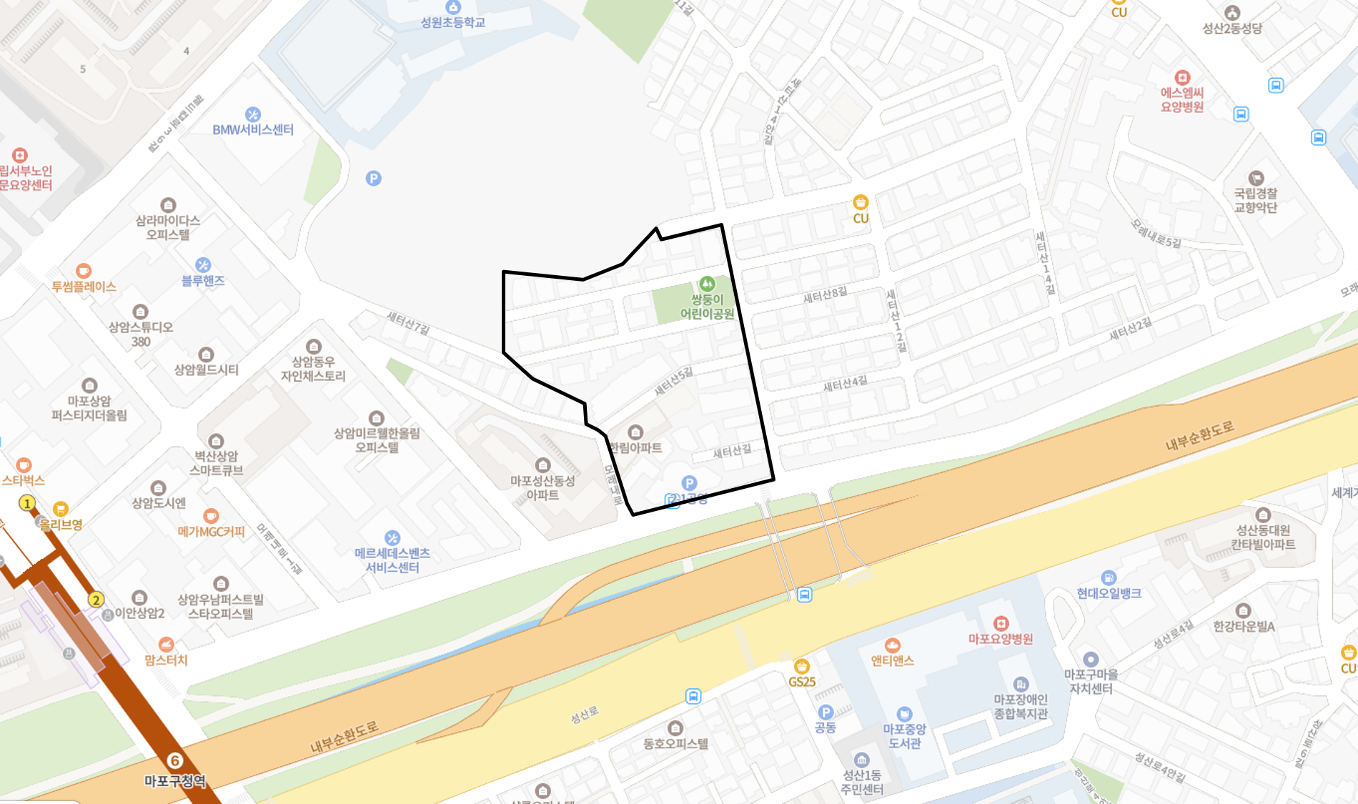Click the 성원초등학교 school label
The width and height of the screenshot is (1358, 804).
tap(452, 22)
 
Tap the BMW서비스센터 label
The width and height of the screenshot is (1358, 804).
tap(253, 129)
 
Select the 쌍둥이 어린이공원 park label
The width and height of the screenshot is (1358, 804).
tap(707, 307)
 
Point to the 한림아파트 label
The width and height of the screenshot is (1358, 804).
tap(636, 447)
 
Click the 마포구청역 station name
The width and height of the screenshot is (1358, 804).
tap(175, 781)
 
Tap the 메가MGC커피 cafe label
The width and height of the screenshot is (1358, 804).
tap(211, 531)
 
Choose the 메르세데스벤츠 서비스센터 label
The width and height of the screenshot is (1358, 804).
tap(392, 560)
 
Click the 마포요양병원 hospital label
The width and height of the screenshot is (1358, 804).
tap(1001, 638)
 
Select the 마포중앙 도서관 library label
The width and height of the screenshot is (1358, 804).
tap(904, 736)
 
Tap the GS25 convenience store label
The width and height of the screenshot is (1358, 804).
tap(802, 682)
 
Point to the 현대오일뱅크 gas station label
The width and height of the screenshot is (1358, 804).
tap(1109, 592)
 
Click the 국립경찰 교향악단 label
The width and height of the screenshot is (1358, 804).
tap(1256, 200)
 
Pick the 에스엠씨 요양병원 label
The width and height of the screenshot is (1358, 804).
tap(1182, 99)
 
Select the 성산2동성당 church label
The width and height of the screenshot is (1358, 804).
tap(1232, 28)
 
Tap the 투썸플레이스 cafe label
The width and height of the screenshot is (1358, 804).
tap(84, 286)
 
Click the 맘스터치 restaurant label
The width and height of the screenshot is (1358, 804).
tap(166, 660)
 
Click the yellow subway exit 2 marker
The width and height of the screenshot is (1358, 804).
tap(96, 600)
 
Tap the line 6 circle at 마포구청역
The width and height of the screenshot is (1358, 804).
tap(174, 760)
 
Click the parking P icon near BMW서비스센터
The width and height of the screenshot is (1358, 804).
tap(373, 179)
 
